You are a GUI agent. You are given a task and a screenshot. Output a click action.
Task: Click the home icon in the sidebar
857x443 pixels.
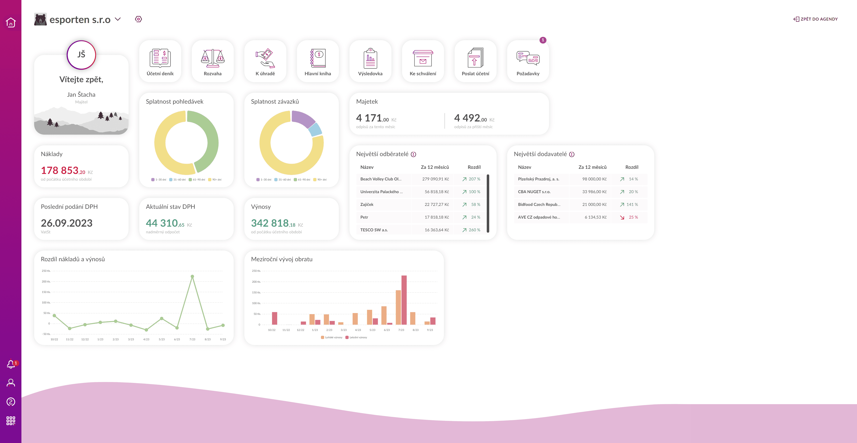click(11, 22)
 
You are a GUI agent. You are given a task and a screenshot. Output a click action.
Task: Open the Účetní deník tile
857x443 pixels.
click(160, 61)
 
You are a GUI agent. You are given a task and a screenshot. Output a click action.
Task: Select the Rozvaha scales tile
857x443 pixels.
click(213, 61)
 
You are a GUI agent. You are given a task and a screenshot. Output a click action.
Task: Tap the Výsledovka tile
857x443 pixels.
click(370, 61)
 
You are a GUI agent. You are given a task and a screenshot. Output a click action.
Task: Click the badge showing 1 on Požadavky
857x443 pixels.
click(543, 40)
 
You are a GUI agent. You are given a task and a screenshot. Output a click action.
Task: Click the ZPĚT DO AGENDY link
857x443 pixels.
click(815, 19)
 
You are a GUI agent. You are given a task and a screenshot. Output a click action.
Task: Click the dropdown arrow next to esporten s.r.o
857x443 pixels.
click(118, 19)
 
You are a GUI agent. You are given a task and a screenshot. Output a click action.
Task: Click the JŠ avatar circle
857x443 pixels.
click(81, 54)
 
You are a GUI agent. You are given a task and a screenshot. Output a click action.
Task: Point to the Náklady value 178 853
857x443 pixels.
click(60, 170)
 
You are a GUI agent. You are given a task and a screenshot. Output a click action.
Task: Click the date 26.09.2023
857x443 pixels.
click(67, 223)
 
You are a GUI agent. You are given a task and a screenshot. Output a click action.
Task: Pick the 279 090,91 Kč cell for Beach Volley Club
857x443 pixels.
click(435, 179)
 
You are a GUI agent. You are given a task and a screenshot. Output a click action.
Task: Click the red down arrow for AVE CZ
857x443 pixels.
click(622, 217)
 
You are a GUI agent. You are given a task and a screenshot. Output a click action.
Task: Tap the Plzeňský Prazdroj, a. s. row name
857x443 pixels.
click(538, 179)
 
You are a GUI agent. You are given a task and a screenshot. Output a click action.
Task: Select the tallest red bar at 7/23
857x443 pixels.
click(404, 300)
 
